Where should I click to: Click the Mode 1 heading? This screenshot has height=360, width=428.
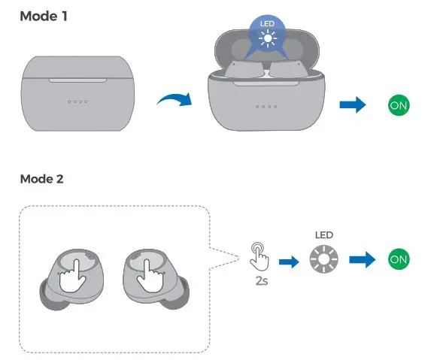[x=44, y=16]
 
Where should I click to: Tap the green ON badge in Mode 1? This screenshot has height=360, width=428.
[x=399, y=105]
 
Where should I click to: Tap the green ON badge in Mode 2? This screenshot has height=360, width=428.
[x=399, y=260]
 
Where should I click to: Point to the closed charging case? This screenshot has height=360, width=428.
[x=77, y=92]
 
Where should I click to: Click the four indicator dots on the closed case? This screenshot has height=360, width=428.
[x=77, y=101]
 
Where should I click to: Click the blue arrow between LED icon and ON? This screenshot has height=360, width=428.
[x=363, y=260]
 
